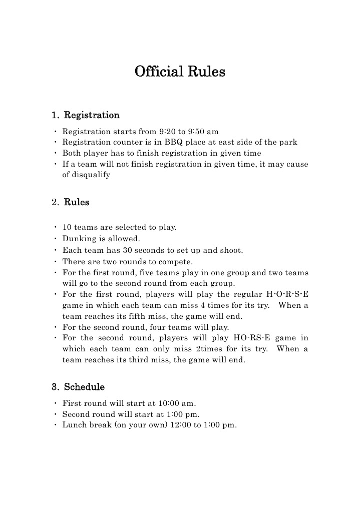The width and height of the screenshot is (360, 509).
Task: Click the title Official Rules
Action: click(x=180, y=72)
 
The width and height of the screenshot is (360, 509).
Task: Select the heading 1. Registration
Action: click(x=86, y=116)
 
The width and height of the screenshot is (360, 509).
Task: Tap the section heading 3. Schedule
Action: click(x=78, y=387)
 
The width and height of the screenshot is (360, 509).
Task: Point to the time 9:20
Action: click(x=167, y=132)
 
